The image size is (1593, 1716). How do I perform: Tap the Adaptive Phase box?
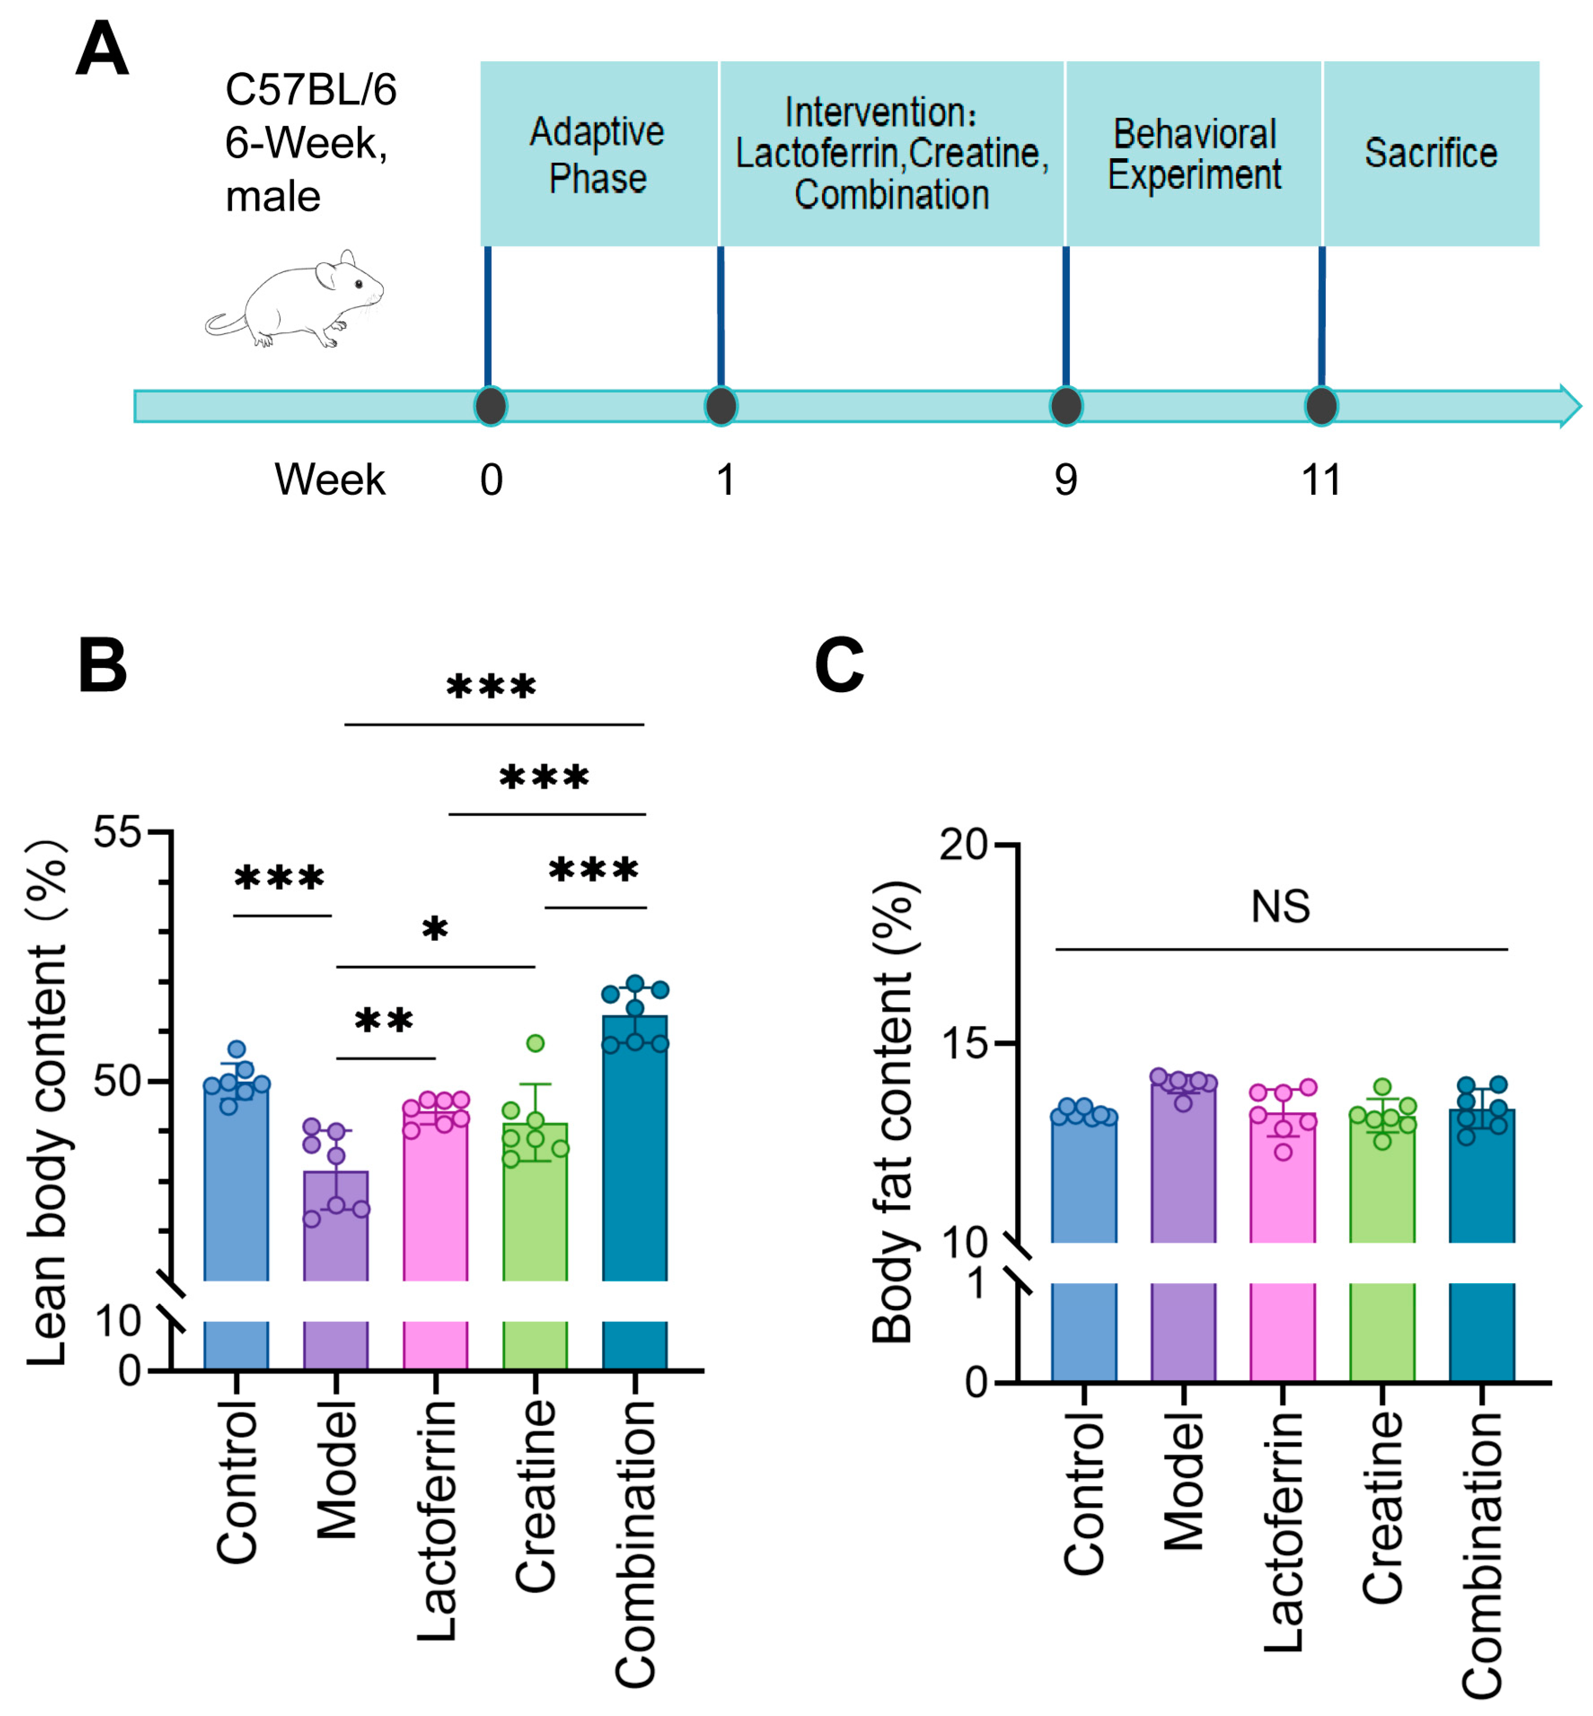(x=598, y=154)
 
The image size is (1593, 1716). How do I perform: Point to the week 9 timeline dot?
(x=1065, y=406)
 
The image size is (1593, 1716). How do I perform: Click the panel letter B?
(x=102, y=665)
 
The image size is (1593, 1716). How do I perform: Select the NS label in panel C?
(x=1280, y=907)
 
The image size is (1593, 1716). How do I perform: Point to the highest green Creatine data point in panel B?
(x=535, y=1044)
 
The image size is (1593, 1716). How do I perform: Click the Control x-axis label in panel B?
(x=237, y=1482)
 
